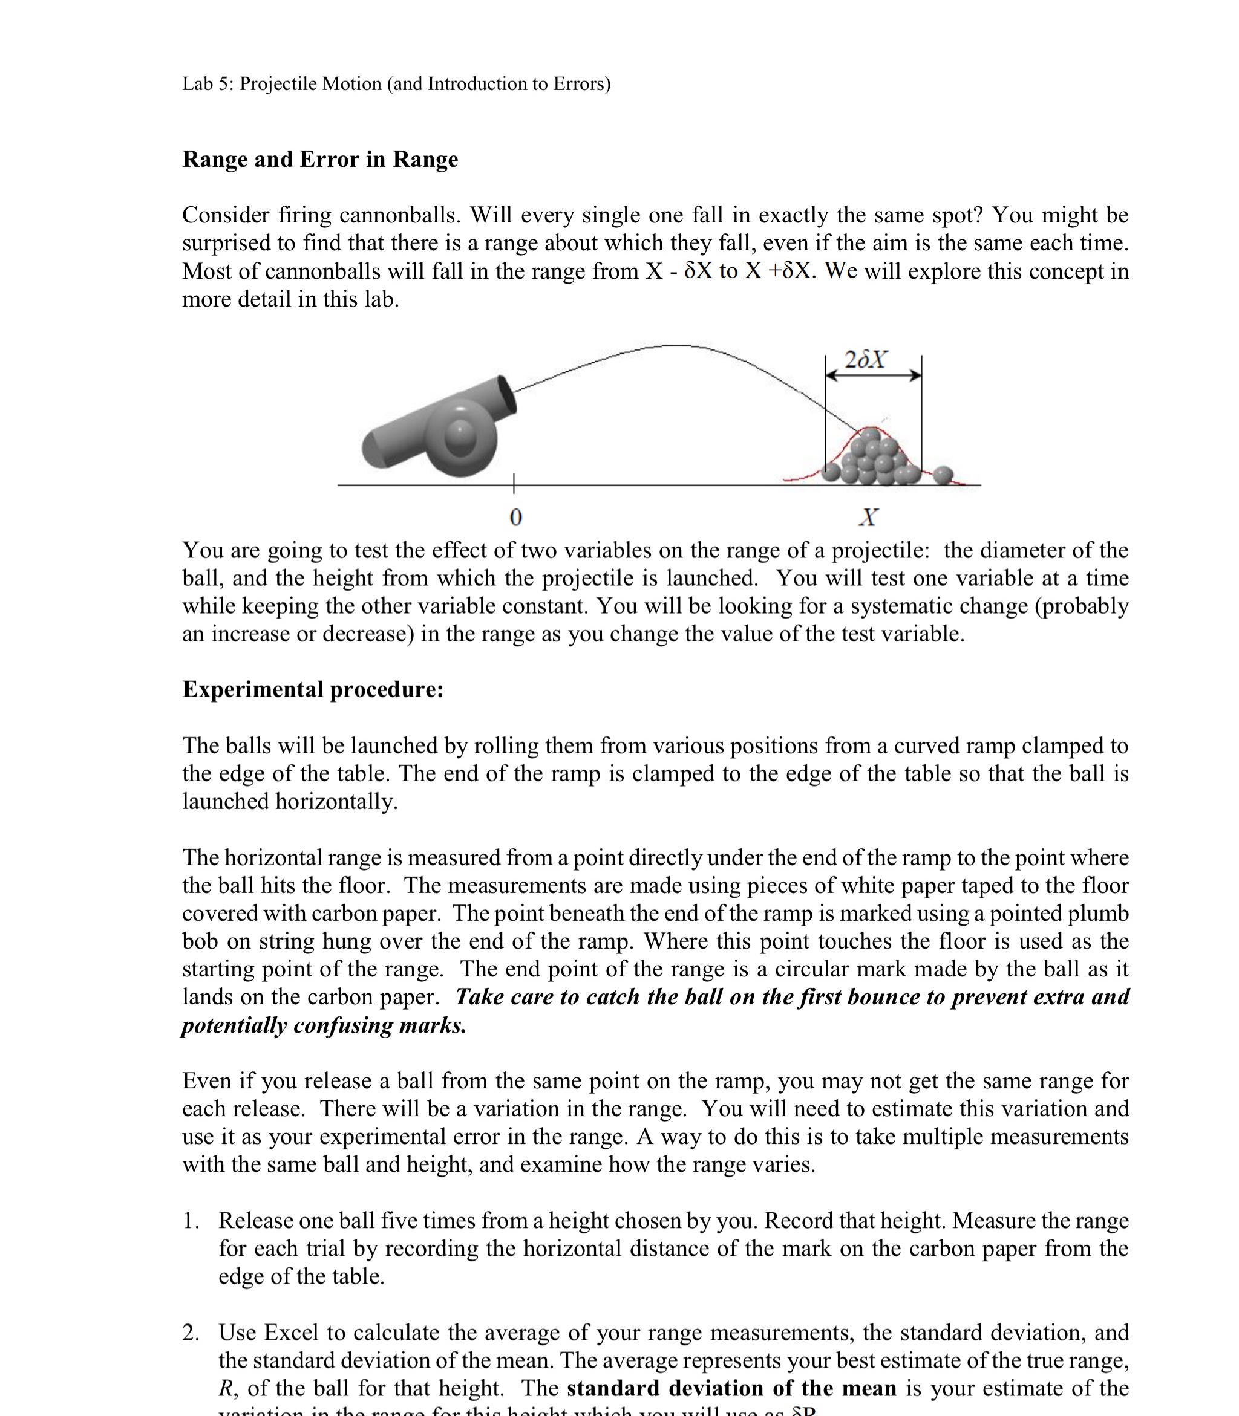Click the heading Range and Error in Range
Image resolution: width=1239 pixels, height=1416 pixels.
tap(319, 160)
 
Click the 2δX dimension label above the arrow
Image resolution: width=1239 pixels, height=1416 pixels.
tap(866, 359)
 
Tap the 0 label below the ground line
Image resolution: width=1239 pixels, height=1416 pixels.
tap(515, 517)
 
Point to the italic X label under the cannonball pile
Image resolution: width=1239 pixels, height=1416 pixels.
tap(868, 517)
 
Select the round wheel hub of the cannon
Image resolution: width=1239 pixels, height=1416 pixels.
tap(460, 436)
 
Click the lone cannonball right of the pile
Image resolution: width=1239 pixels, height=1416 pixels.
tap(943, 475)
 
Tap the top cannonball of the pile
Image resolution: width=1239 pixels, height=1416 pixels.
tap(871, 436)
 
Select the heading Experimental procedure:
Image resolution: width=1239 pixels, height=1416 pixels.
tap(313, 690)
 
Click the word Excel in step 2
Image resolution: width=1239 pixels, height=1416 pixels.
tap(291, 1333)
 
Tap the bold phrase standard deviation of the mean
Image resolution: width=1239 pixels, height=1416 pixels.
tap(731, 1388)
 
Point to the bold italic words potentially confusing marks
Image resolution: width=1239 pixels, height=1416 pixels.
tap(324, 1025)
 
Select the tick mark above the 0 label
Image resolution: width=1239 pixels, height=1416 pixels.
tap(513, 483)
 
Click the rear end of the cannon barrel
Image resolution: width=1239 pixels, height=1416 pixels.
tap(373, 449)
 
